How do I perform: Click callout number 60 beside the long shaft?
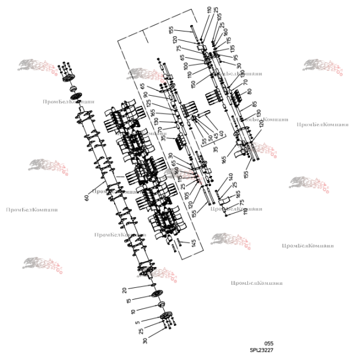87,197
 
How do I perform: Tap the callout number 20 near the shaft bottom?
124,290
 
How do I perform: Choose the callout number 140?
230,177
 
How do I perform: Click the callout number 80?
250,92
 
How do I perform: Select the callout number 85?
254,104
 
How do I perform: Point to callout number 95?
235,58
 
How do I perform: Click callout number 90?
147,95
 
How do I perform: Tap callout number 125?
149,103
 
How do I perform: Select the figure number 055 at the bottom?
269,344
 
